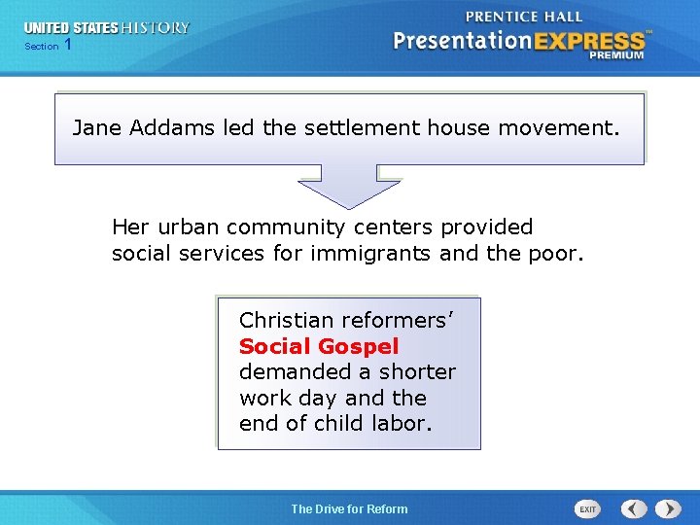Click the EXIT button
587,508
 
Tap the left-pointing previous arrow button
634,508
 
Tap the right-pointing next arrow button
668,508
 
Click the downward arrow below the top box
348,186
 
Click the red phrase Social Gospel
319,346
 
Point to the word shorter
418,371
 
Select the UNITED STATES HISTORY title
107,27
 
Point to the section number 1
67,45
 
